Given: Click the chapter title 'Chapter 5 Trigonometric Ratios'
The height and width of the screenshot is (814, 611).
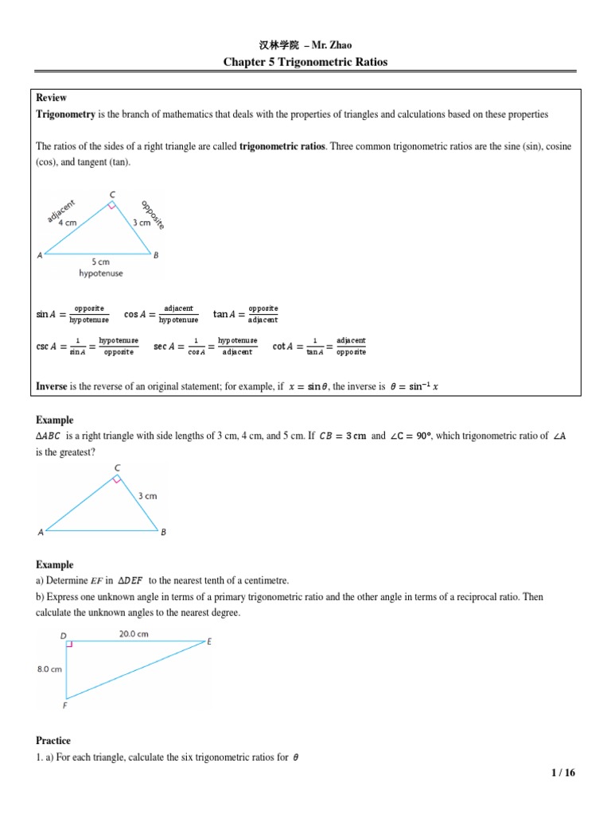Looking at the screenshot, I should pos(305,62).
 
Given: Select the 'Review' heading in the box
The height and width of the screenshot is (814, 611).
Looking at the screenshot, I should pos(51,98).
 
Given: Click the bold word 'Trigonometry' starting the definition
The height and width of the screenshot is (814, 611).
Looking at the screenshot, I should pos(66,114).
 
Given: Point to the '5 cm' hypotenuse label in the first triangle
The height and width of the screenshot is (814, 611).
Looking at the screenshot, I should pos(99,262).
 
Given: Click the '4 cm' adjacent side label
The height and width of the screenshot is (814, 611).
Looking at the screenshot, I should pos(67,223).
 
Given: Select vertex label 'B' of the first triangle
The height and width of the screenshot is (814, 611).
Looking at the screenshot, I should pos(156,255).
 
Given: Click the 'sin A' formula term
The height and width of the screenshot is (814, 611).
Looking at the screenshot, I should pos(46,314).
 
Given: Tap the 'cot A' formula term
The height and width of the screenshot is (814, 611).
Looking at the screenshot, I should pos(284,347).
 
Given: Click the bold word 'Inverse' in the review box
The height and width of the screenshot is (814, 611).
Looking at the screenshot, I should pos(53,386).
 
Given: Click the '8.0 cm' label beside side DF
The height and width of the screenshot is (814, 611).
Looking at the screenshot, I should pos(49,669).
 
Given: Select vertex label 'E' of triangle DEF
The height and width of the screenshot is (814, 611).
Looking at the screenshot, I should pos(208,642).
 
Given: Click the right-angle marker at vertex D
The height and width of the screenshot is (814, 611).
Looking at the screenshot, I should pos(70,645).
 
